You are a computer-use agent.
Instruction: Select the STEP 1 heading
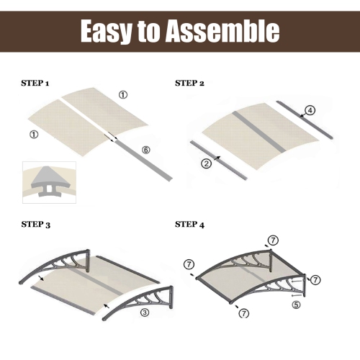click(x=35, y=84)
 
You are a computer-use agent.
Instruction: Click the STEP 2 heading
click(x=190, y=84)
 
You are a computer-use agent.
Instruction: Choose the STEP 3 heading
click(x=35, y=225)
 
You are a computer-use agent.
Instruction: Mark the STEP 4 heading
click(x=190, y=225)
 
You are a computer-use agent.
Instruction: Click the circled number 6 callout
click(x=145, y=150)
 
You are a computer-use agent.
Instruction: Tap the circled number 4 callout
click(x=310, y=110)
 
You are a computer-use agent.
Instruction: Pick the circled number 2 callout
click(x=207, y=163)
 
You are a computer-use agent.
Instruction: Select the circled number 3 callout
click(x=144, y=312)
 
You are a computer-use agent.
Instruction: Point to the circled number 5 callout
click(x=296, y=304)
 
